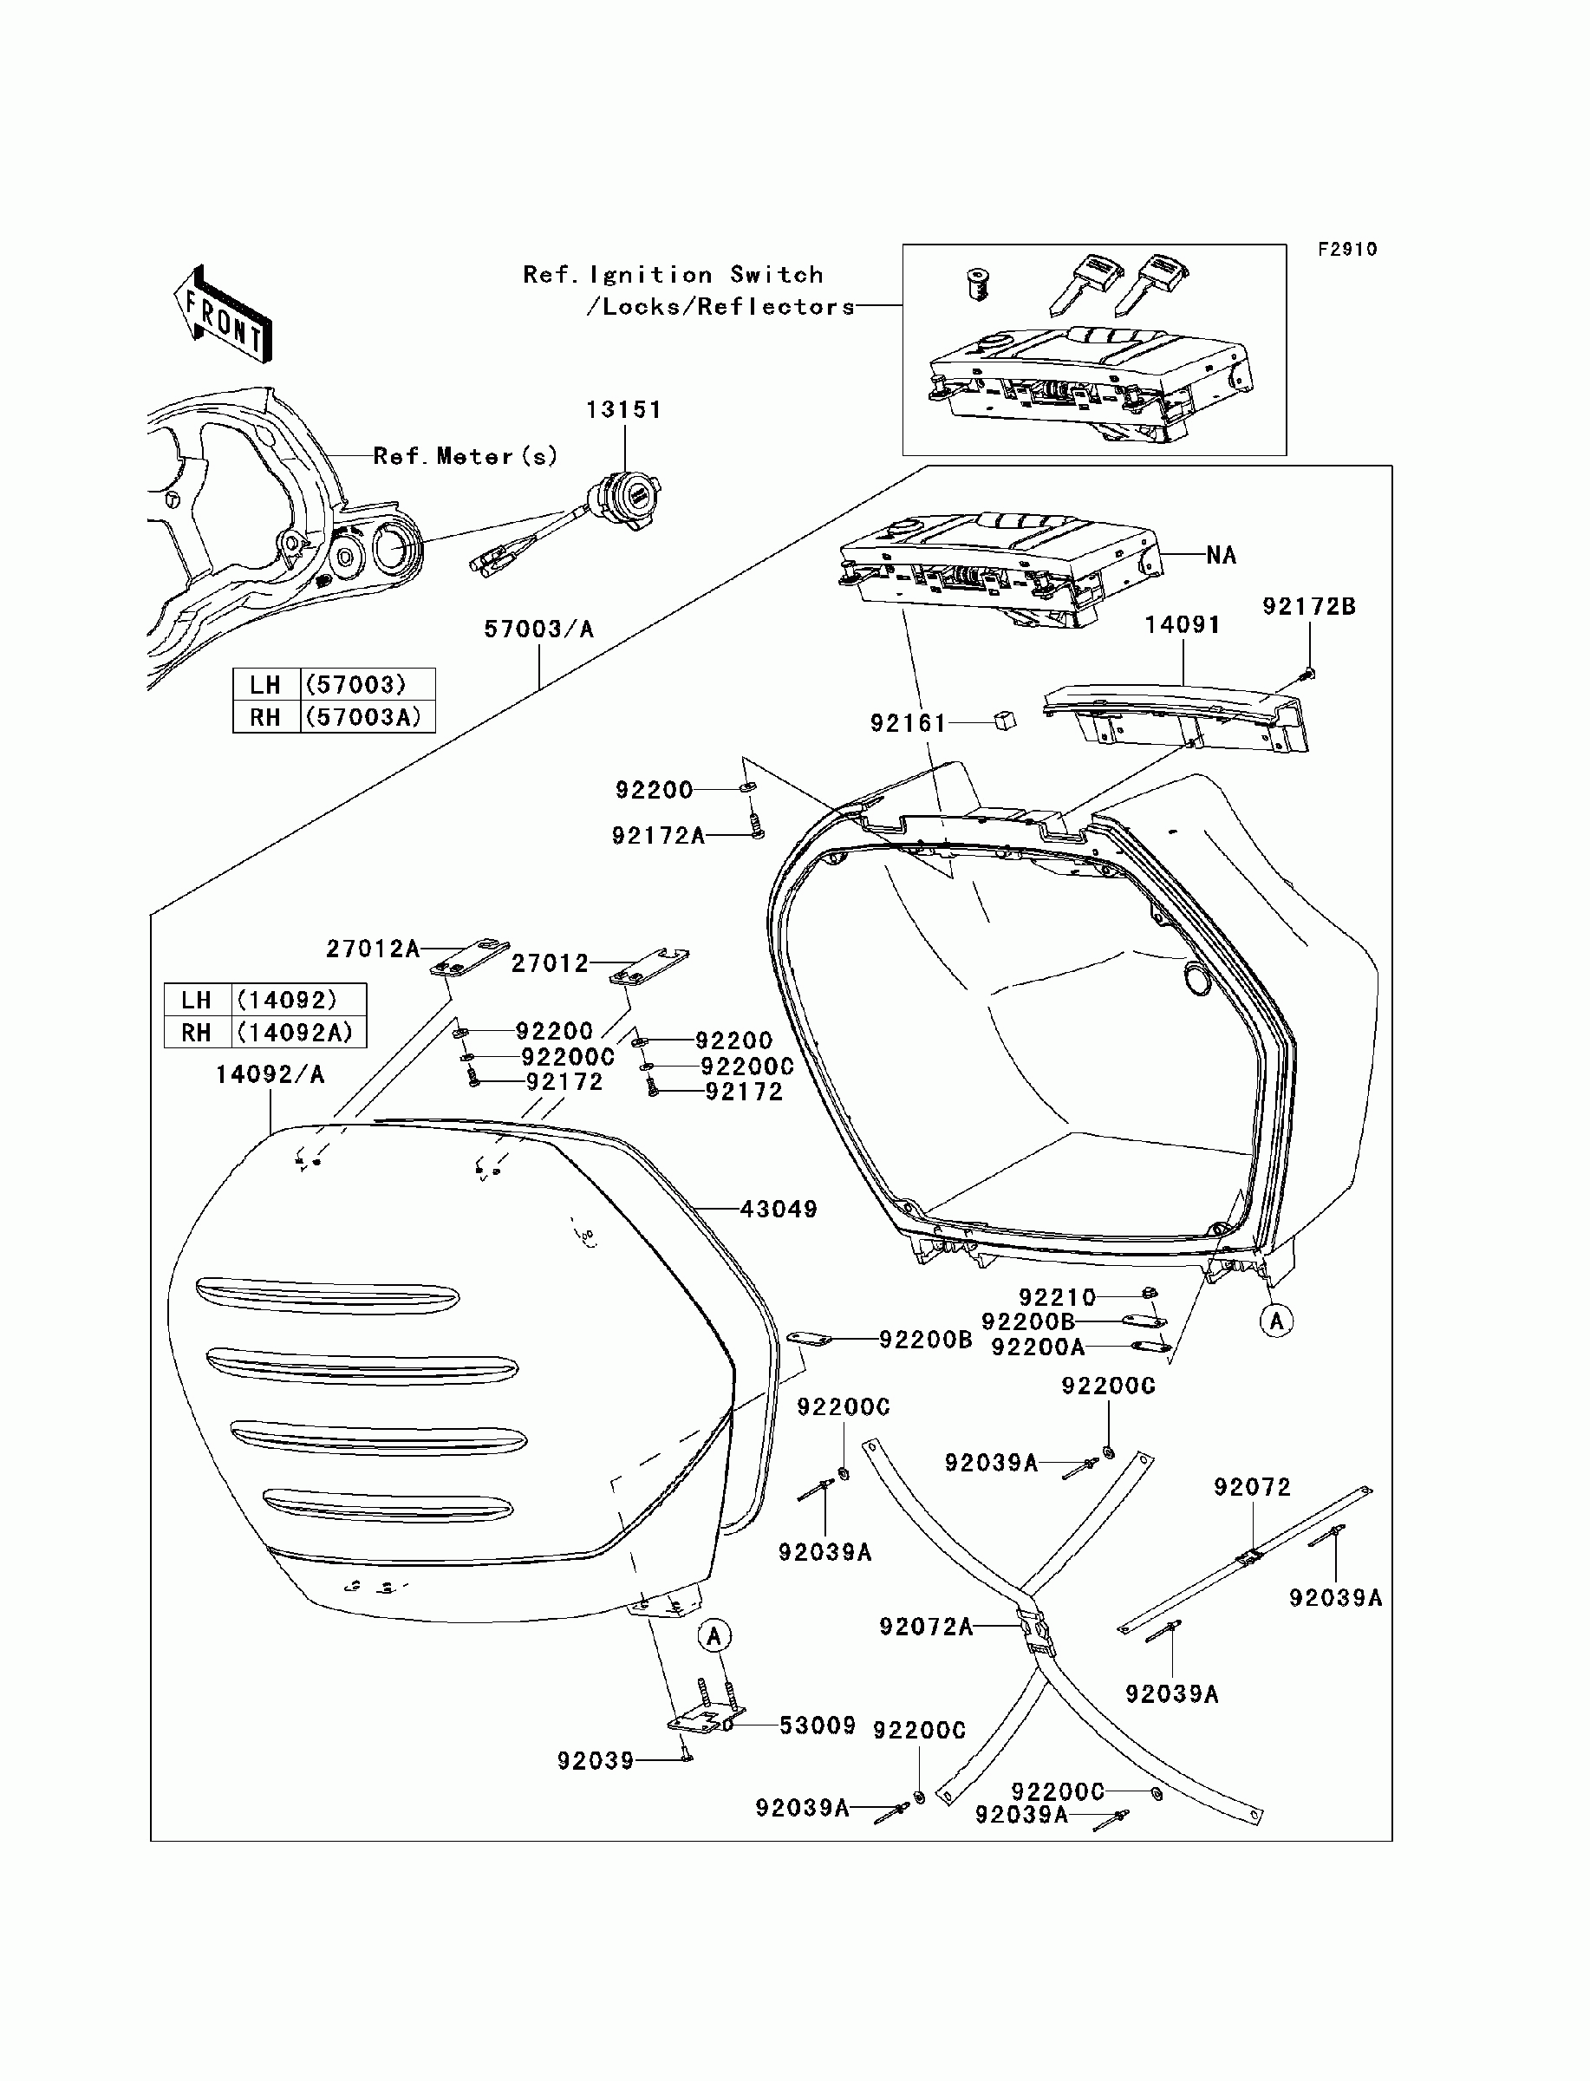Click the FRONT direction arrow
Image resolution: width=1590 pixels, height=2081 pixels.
coord(224,315)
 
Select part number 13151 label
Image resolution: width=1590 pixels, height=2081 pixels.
coord(623,410)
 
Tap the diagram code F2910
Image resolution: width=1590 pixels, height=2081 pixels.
coord(1348,249)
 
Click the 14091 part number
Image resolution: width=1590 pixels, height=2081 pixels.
coord(1182,624)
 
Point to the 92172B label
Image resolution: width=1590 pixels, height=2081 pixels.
coord(1309,607)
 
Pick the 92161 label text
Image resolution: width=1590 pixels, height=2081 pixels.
coord(908,723)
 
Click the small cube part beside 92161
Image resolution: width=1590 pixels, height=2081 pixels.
coord(1004,721)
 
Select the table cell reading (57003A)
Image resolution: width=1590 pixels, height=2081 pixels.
coord(368,716)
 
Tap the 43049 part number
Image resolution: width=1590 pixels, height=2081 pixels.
coord(778,1209)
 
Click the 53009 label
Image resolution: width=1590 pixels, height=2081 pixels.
coord(817,1725)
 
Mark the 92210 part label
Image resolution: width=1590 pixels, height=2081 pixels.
coord(1057,1296)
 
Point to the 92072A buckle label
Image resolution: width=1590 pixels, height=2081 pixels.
coord(926,1626)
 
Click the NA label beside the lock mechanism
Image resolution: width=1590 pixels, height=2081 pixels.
coord(1221,556)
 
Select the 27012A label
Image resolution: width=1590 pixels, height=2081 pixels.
coord(372,949)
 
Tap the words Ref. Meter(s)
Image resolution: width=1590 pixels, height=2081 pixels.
coord(466,456)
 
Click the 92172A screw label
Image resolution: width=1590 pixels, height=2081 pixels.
coord(658,836)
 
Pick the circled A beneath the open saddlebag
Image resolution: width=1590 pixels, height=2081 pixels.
coord(1277,1321)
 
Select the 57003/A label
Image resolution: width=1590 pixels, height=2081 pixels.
coord(538,630)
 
